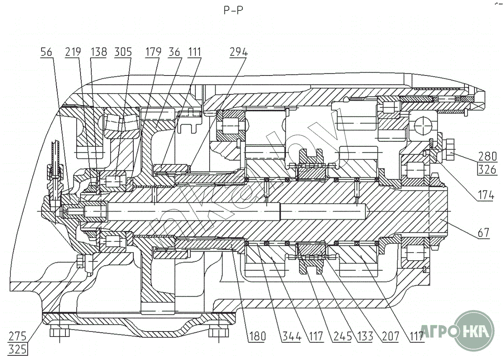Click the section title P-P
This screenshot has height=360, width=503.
click(x=233, y=10)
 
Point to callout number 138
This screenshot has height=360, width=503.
click(x=99, y=52)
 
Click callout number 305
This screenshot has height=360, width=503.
click(x=123, y=52)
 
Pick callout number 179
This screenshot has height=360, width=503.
click(x=154, y=52)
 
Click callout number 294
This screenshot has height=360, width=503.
click(x=239, y=52)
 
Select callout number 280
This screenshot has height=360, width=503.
click(x=487, y=157)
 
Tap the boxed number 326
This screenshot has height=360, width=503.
click(x=487, y=170)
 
